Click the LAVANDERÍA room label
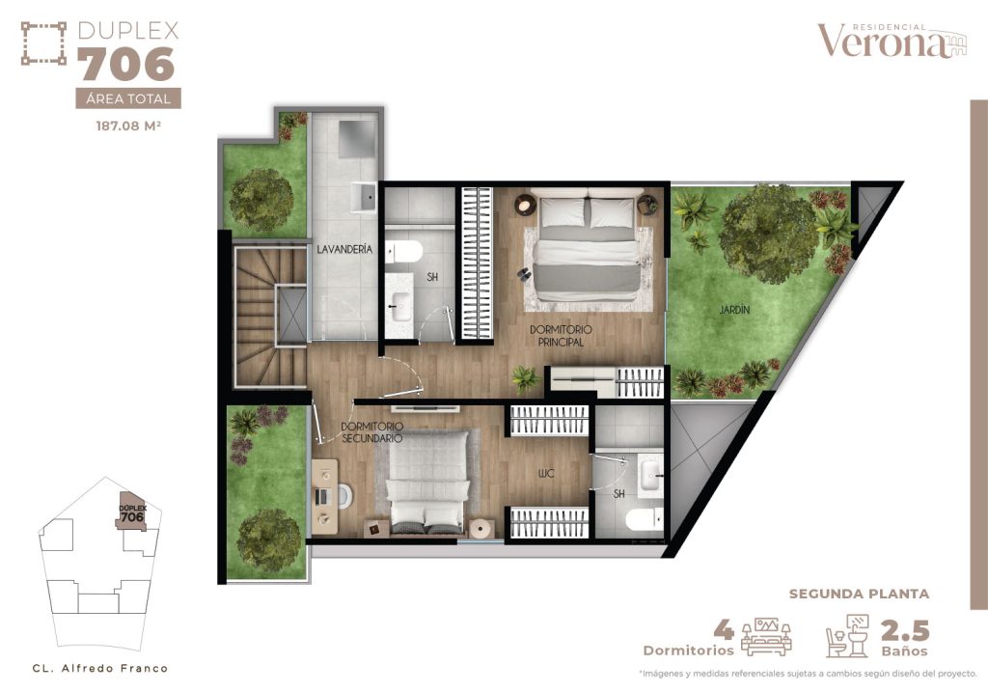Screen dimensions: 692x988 pos(344,249)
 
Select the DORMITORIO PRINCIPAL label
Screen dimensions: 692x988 pos(561,335)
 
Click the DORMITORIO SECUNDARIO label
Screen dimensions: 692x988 pos(371,431)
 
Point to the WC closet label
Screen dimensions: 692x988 pos(547,474)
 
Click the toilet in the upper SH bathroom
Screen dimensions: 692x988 pos(406,253)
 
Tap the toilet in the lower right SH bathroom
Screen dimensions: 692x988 pos(644,521)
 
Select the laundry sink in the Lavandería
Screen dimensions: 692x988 pos(365,196)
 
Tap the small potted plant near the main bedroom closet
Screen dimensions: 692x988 pos(526,378)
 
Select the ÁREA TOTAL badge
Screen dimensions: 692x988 pos(128,98)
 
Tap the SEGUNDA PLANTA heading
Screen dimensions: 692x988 pos(860,594)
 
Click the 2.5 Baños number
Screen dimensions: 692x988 pos(904,631)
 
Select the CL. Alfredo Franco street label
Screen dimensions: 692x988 pos(99,668)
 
